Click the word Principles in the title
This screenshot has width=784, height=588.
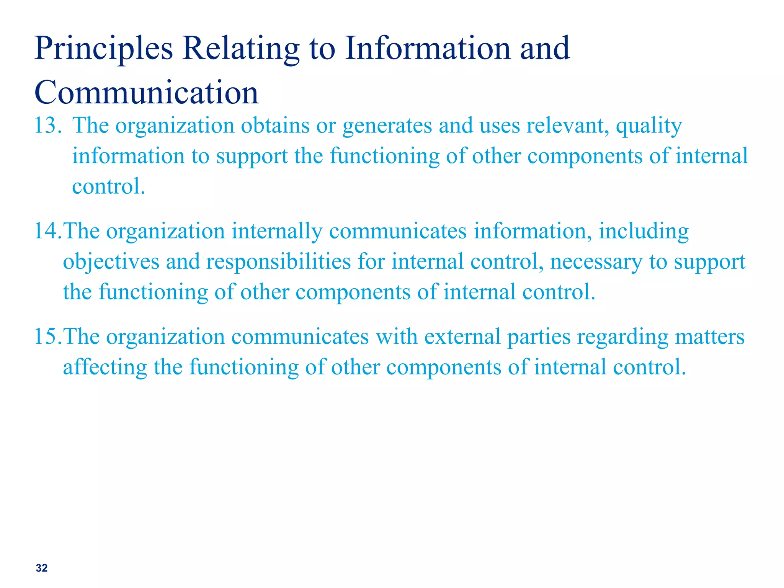(104, 49)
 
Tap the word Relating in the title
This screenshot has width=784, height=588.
(241, 49)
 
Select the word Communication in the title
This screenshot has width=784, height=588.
(147, 93)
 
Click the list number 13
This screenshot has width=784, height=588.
(47, 126)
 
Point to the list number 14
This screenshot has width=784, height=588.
(47, 231)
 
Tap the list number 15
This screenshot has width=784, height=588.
(47, 337)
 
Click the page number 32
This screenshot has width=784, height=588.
(42, 568)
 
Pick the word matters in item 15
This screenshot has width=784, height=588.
(709, 337)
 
